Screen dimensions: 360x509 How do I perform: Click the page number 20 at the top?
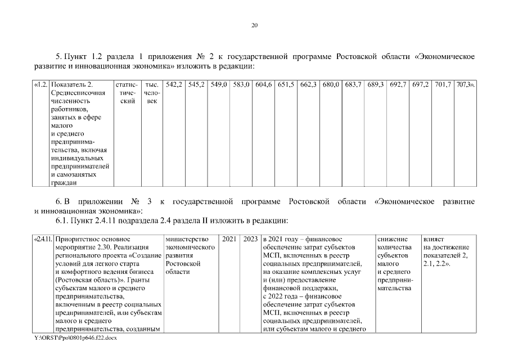click(x=254, y=25)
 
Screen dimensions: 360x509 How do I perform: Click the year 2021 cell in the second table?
click(x=229, y=240)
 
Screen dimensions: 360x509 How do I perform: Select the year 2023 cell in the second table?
click(x=250, y=240)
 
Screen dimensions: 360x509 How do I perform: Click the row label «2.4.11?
click(x=43, y=240)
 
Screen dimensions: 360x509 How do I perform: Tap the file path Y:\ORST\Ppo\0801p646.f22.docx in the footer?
click(x=75, y=337)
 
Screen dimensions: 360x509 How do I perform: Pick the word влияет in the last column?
click(x=433, y=240)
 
